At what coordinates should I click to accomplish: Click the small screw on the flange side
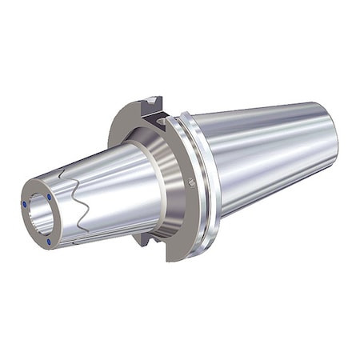click(191, 182)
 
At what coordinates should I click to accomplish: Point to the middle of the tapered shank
click(264, 160)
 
